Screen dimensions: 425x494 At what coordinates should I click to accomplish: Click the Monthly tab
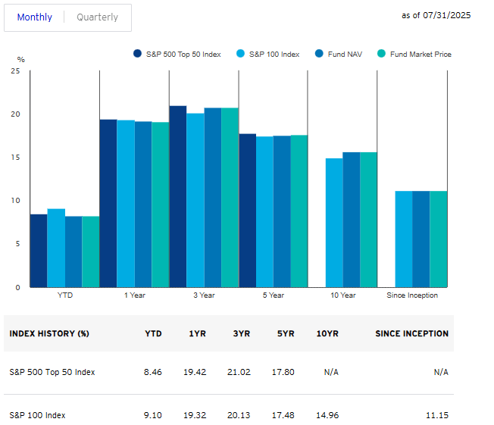34,17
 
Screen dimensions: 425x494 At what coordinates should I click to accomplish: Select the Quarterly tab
97,17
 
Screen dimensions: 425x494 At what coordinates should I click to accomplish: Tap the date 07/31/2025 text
446,15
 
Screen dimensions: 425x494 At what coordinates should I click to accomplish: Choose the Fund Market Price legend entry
419,54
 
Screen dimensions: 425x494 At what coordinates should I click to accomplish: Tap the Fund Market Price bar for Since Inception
438,239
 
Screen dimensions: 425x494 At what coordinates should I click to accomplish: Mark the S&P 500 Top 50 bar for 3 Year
178,196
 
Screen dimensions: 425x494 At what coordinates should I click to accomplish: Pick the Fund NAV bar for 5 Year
282,211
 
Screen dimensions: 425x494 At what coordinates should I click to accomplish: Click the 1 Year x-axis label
135,295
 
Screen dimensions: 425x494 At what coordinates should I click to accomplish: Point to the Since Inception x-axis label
412,295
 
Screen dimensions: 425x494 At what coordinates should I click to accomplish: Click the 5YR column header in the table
285,333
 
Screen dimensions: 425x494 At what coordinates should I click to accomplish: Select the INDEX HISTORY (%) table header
49,333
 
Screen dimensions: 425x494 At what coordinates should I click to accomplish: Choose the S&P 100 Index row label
37,415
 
